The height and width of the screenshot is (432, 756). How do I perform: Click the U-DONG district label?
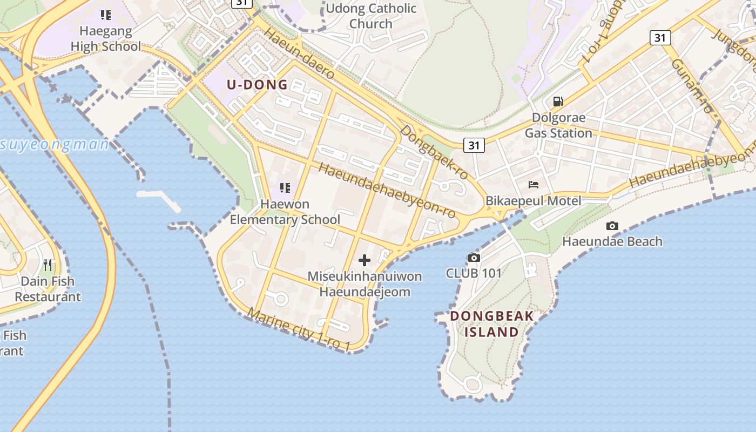point(257,85)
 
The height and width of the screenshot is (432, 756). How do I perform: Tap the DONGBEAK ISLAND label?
point(492,323)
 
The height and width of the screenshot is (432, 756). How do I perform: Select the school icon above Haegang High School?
point(106,15)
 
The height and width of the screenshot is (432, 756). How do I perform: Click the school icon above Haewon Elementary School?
point(285,188)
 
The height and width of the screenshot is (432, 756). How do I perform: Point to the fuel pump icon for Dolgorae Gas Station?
point(558,101)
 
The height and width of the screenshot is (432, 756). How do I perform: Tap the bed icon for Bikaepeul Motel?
point(534,185)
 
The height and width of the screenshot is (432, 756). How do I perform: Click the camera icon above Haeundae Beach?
point(612,226)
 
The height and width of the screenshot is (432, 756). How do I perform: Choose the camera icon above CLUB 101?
point(474,258)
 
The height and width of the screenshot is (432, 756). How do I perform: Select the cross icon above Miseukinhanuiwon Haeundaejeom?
point(364,260)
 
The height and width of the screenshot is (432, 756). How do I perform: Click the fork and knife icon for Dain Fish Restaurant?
point(48,265)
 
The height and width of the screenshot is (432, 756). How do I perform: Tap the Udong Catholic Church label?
point(371,16)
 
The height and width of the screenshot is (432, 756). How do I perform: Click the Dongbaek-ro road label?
point(435,153)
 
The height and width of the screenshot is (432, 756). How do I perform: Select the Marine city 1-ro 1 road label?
point(300,329)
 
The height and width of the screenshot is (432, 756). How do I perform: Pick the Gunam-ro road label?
point(693,86)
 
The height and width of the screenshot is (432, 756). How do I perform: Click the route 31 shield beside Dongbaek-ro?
point(474,145)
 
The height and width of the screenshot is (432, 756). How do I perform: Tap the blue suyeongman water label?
point(55,145)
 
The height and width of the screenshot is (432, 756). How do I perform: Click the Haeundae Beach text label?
point(612,241)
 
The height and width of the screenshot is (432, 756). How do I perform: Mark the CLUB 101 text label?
point(474,273)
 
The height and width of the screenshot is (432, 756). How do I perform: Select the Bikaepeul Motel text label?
point(534,201)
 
